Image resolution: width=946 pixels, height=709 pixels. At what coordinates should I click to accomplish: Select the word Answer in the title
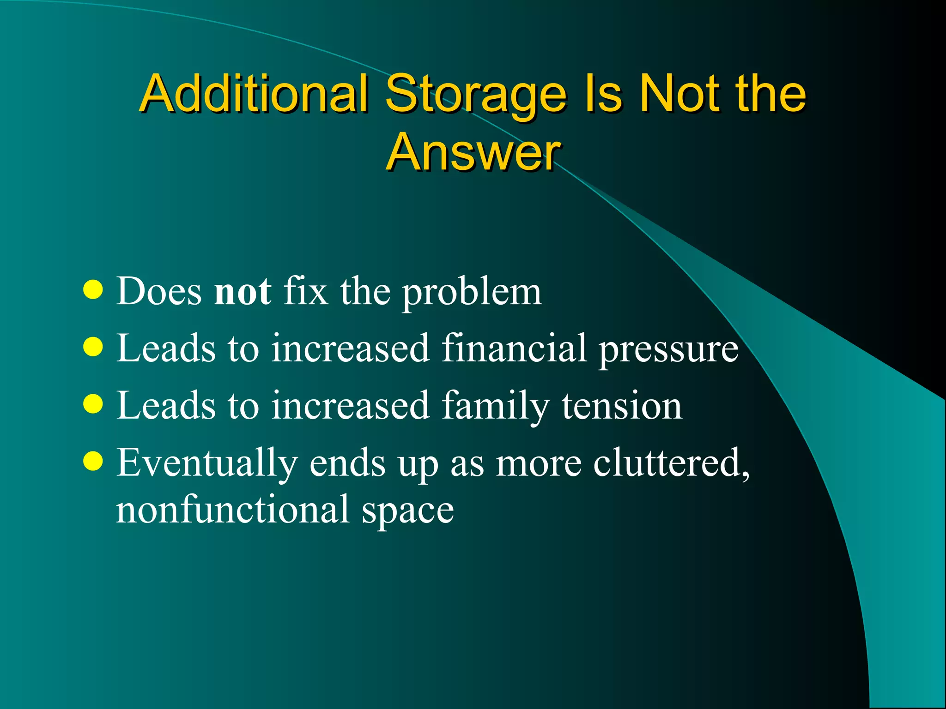pyautogui.click(x=473, y=152)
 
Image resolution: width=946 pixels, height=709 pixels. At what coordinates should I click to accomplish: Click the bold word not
pyautogui.click(x=243, y=292)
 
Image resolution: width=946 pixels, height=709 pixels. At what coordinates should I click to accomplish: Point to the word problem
pyautogui.click(x=471, y=293)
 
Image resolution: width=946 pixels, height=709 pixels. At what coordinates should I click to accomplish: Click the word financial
pyautogui.click(x=514, y=348)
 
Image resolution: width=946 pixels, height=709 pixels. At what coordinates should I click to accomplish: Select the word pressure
pyautogui.click(x=668, y=350)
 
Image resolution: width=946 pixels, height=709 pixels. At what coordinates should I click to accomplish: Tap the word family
pyautogui.click(x=495, y=406)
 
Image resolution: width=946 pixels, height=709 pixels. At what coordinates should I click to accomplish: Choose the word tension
pyautogui.click(x=621, y=405)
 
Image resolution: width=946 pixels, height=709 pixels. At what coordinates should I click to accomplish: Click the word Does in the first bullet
pyautogui.click(x=159, y=292)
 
